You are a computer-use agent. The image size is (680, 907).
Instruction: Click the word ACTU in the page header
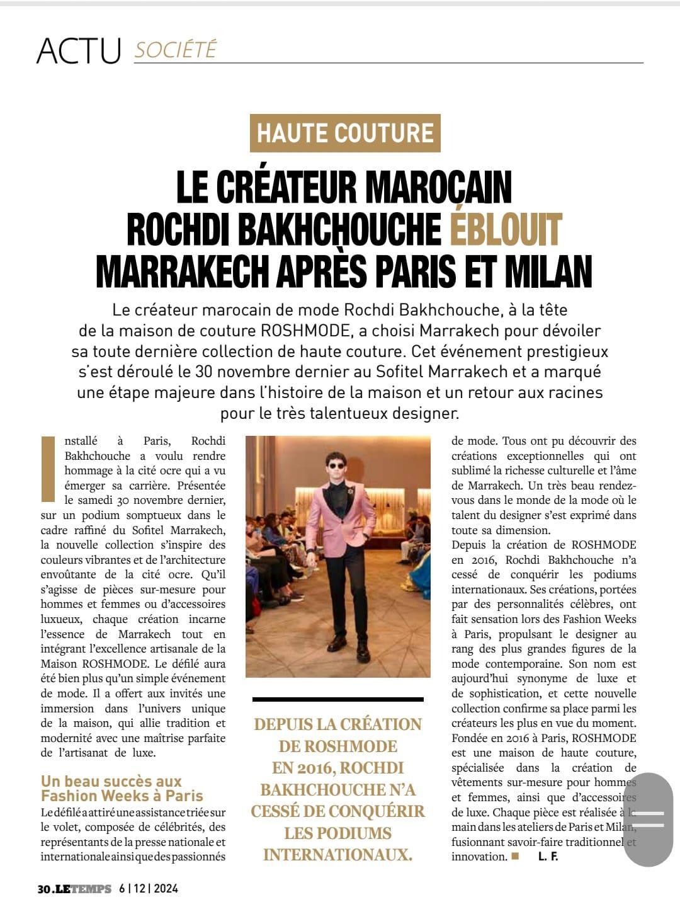coord(79,50)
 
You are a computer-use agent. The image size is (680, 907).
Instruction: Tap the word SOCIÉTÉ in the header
coord(175,49)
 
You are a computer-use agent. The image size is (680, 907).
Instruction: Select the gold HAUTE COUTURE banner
coord(345,133)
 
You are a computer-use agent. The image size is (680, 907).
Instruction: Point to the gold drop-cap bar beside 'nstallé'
coord(48,469)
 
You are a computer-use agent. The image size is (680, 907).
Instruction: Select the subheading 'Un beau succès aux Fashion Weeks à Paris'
coord(122,789)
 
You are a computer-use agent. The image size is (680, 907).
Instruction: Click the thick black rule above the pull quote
coord(338,699)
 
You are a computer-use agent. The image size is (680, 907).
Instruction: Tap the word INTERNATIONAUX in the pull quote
coord(337,855)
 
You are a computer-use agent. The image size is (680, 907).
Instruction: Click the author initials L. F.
coord(548,857)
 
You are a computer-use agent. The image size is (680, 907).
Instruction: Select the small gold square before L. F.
coord(515,856)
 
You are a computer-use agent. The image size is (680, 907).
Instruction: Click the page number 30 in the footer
coord(43,889)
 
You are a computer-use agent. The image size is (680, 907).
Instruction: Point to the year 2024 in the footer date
coord(165,889)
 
